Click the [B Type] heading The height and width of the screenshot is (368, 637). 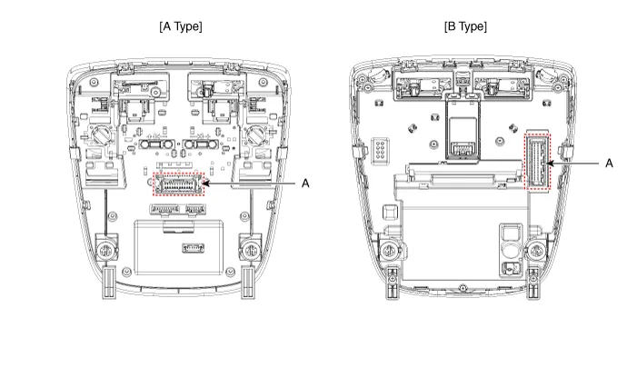[x=464, y=26]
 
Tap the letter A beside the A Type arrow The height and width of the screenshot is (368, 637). [x=305, y=183]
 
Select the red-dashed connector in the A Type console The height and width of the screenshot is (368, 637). [x=181, y=183]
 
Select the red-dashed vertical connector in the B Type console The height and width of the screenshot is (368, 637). [x=540, y=162]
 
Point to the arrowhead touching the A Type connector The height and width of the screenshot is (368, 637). [x=211, y=183]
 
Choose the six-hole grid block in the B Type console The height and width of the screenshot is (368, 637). [x=382, y=147]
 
